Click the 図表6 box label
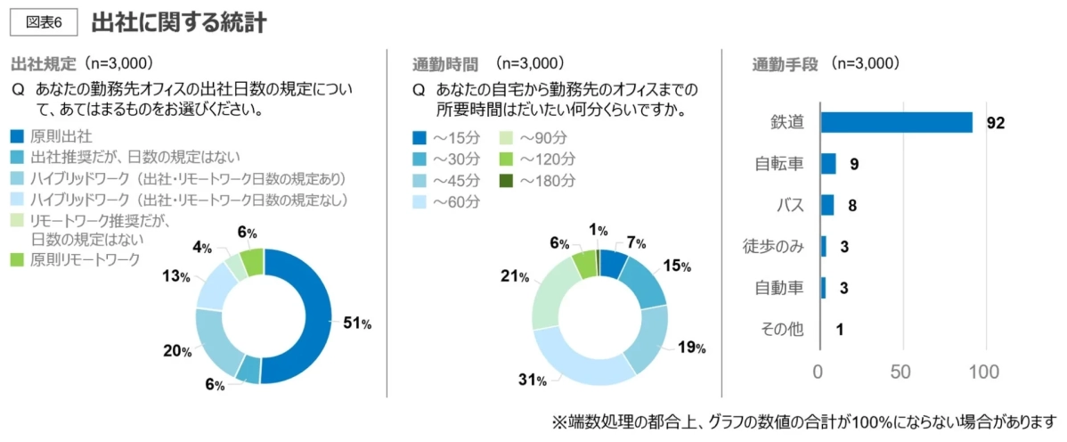pyautogui.click(x=44, y=22)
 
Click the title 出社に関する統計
pyautogui.click(x=178, y=22)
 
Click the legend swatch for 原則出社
pyautogui.click(x=18, y=136)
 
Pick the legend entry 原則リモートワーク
pyautogui.click(x=85, y=259)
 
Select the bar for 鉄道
pyautogui.click(x=895, y=123)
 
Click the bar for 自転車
pyautogui.click(x=827, y=164)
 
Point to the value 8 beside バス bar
pyautogui.click(x=852, y=206)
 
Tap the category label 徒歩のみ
pyautogui.click(x=772, y=246)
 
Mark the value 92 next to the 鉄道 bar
pyautogui.click(x=995, y=123)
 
